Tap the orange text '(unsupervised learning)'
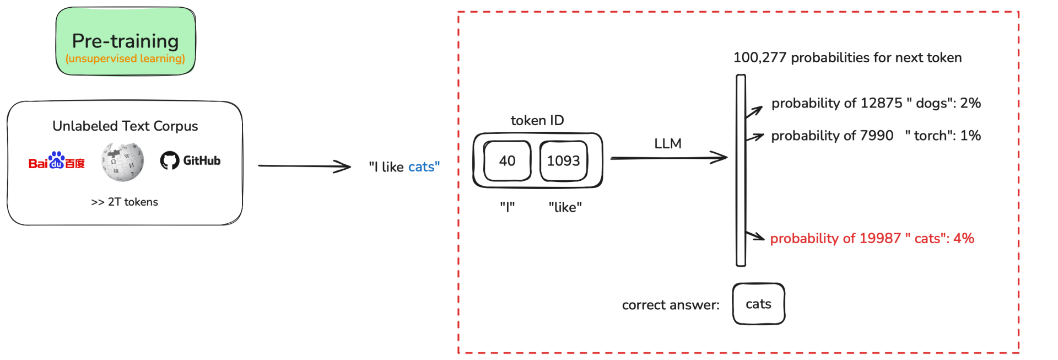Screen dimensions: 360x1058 coord(125,58)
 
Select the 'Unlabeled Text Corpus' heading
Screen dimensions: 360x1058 coord(125,126)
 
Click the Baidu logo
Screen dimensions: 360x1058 coord(57,162)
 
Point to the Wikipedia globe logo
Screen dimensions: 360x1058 coord(122,162)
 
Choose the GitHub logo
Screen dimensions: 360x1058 coord(190,161)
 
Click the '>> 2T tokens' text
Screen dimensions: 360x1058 coord(125,202)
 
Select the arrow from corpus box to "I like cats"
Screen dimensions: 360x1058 coord(304,166)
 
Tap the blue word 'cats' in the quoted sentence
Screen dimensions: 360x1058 coord(422,167)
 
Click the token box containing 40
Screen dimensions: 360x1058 coord(507,161)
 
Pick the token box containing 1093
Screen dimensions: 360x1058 coord(563,161)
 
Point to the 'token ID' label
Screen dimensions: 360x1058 coord(537,121)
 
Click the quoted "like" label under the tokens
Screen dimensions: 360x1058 coord(565,207)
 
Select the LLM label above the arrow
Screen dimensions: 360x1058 coord(668,144)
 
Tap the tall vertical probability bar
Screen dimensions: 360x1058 coord(741,170)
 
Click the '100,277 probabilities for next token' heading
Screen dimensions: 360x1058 coord(848,58)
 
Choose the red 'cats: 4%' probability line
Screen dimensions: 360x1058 coord(872,239)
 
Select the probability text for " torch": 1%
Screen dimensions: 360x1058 coord(876,136)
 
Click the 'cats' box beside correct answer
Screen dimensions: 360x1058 coord(758,304)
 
